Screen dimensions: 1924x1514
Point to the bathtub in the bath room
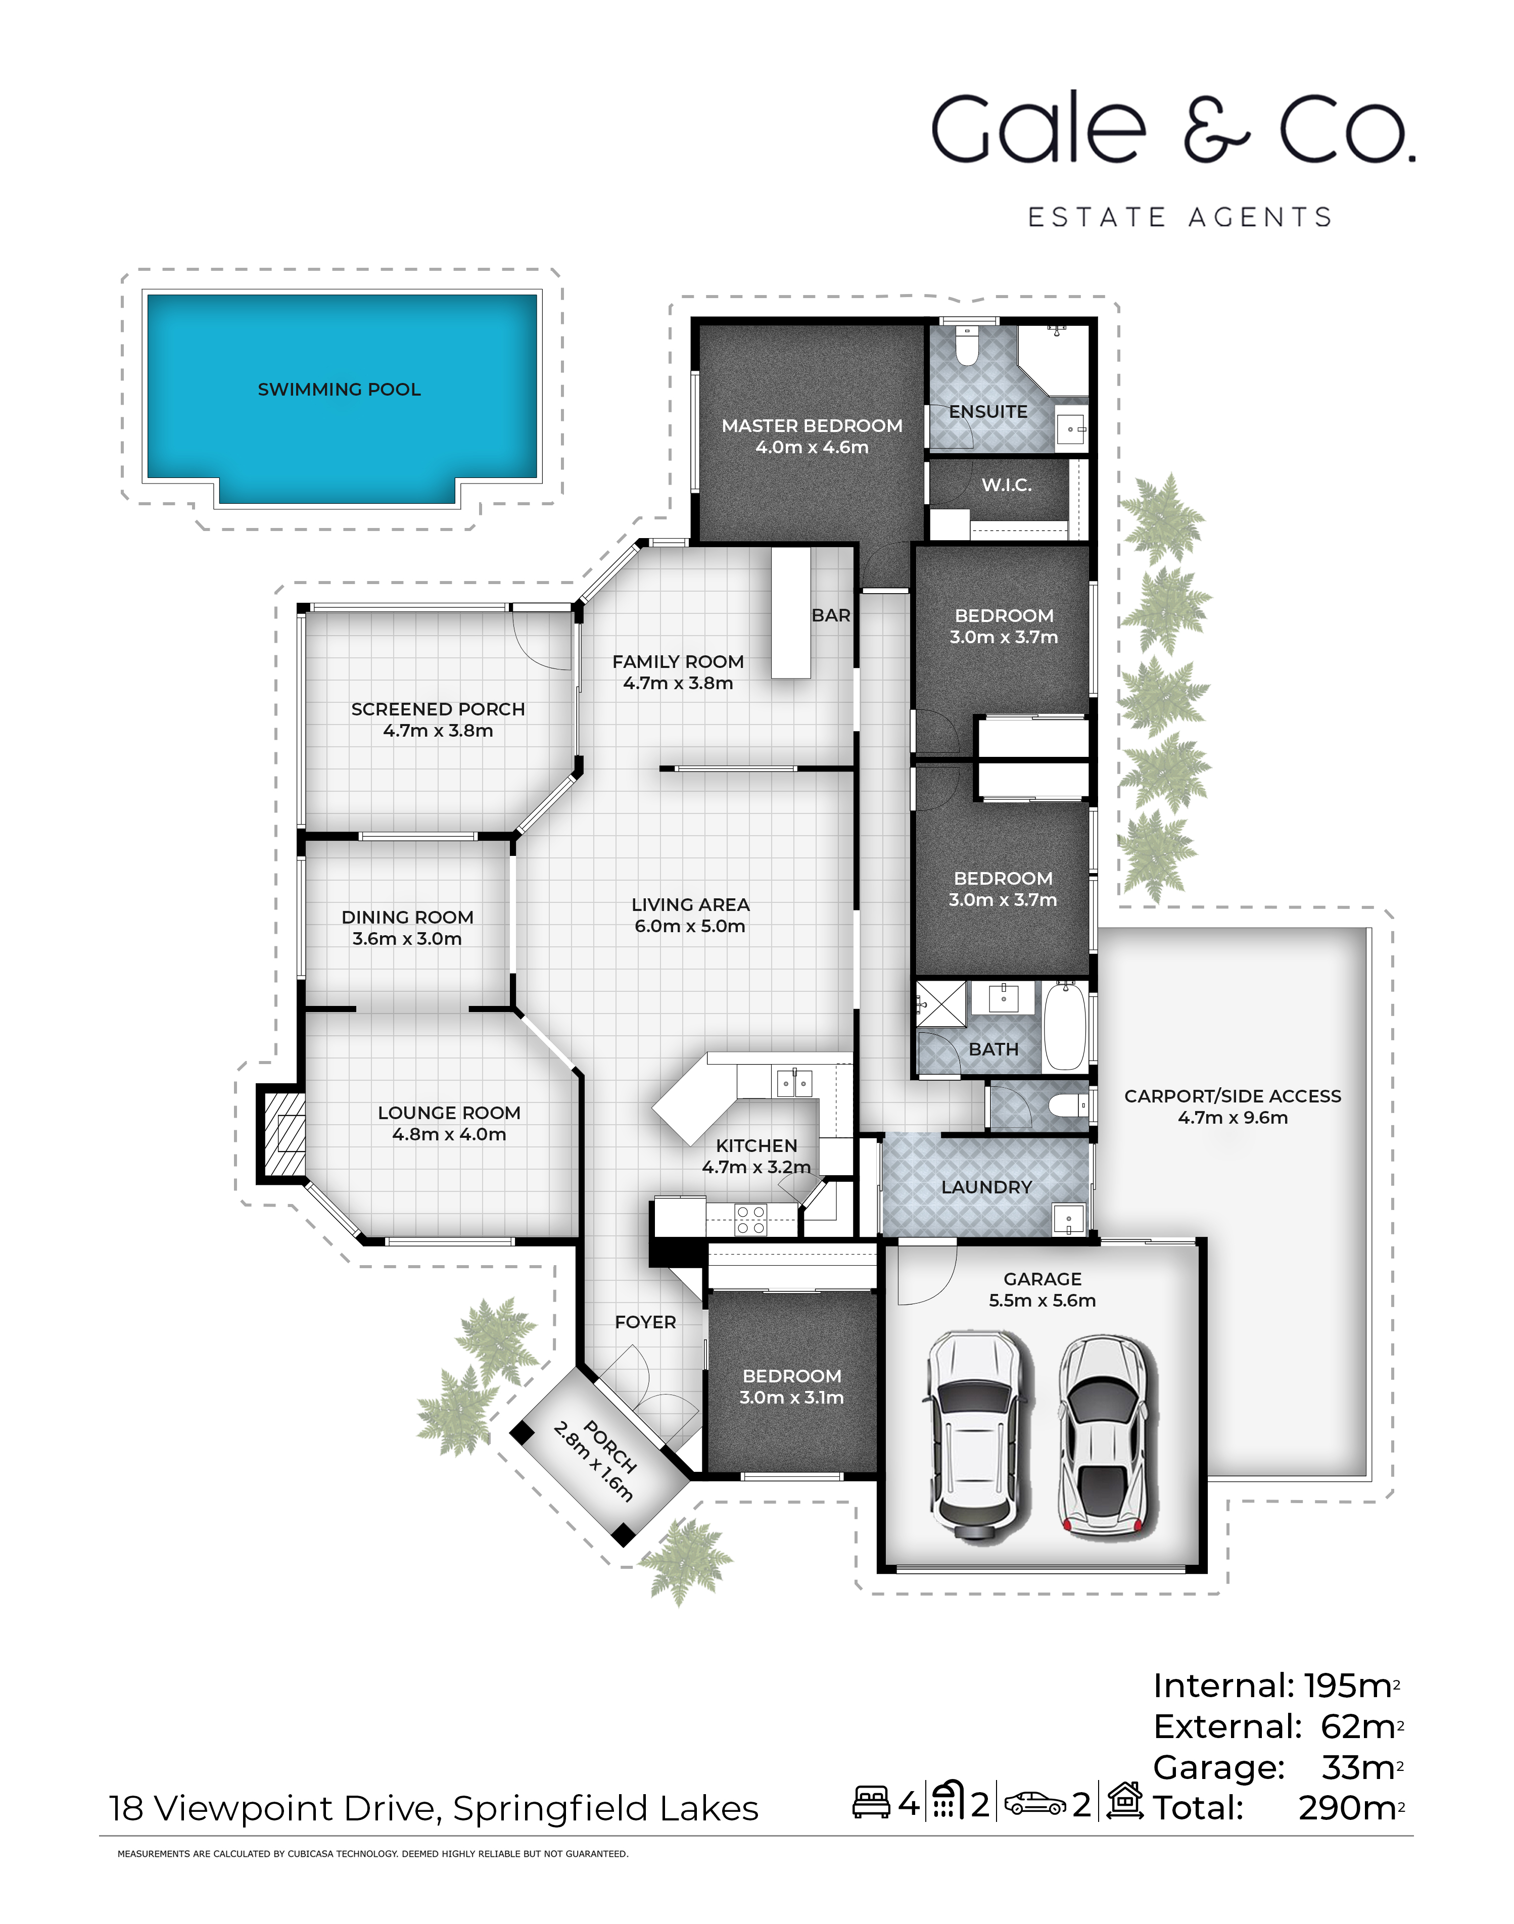(x=1065, y=1025)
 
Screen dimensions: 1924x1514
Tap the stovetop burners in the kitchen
(x=751, y=1220)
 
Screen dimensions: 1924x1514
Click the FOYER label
(x=645, y=1322)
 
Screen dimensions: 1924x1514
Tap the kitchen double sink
(x=793, y=1082)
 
